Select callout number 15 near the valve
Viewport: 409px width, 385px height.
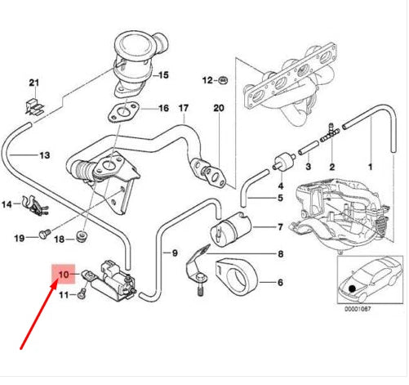163,75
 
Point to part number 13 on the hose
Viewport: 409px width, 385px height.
43,154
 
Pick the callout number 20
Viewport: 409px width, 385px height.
217,109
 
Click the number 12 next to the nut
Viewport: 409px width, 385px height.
207,80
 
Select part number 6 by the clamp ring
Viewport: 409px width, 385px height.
280,282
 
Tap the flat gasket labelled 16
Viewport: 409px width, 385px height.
124,112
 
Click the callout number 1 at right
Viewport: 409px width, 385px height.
370,166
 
